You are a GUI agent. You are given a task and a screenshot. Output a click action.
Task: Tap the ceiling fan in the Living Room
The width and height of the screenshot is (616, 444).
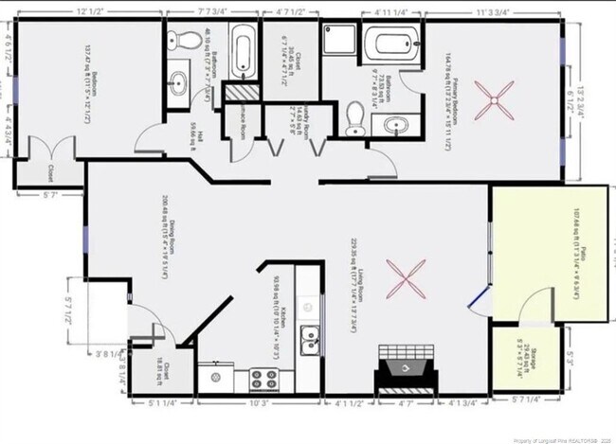point(408,279)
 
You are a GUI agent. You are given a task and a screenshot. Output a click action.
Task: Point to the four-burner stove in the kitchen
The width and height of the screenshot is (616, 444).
point(263,380)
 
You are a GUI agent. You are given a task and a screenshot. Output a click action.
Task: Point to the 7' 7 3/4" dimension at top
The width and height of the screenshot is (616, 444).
point(213,10)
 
